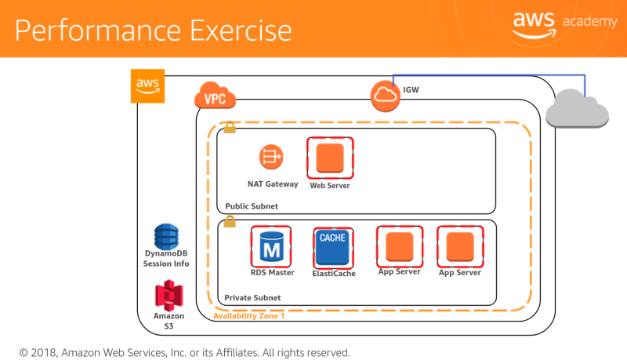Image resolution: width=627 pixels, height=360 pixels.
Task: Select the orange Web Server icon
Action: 329,158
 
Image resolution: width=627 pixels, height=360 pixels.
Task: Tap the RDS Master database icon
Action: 271,247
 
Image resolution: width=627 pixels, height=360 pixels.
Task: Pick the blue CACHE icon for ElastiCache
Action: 332,247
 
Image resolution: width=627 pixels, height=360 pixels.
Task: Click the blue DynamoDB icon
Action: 166,236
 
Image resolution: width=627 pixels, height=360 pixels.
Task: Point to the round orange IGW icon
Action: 385,96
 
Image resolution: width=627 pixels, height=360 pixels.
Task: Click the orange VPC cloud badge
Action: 215,97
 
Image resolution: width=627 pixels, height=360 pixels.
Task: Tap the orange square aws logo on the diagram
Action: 148,85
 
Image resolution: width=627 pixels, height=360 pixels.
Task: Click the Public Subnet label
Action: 252,206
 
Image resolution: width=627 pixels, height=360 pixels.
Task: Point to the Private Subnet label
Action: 252,298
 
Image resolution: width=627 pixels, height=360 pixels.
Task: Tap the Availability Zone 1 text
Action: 249,316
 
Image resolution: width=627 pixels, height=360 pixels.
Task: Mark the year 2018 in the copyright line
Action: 46,353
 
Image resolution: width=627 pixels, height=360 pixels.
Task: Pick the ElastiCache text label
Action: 334,274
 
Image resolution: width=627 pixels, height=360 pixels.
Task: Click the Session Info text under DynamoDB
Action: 166,264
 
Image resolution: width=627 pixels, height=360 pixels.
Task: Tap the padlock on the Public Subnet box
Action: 230,127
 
